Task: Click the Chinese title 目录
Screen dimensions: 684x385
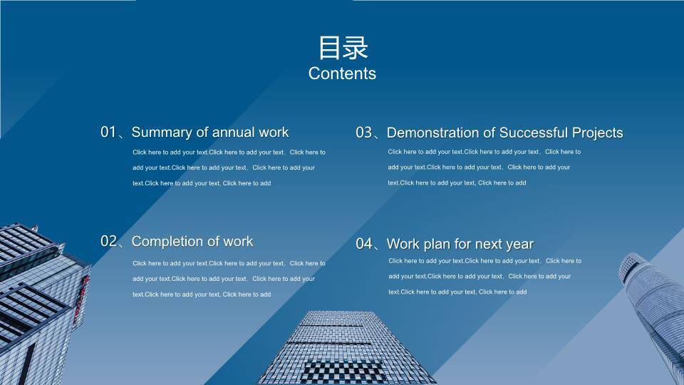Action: pyautogui.click(x=343, y=48)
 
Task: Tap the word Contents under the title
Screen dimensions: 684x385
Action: pyautogui.click(x=342, y=73)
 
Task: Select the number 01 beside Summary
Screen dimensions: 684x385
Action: pyautogui.click(x=108, y=132)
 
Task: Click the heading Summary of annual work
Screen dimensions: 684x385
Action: pyautogui.click(x=209, y=133)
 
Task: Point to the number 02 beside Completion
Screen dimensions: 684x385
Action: pyautogui.click(x=108, y=241)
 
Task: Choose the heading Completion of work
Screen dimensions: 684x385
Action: pyautogui.click(x=192, y=242)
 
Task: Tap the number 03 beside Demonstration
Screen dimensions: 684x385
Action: pyautogui.click(x=363, y=133)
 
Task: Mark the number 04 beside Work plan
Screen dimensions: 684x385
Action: pyautogui.click(x=364, y=244)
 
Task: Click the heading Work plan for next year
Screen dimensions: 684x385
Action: pyautogui.click(x=460, y=244)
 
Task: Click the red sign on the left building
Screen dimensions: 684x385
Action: pyautogui.click(x=81, y=299)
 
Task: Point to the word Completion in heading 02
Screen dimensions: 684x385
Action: pyautogui.click(x=167, y=242)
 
